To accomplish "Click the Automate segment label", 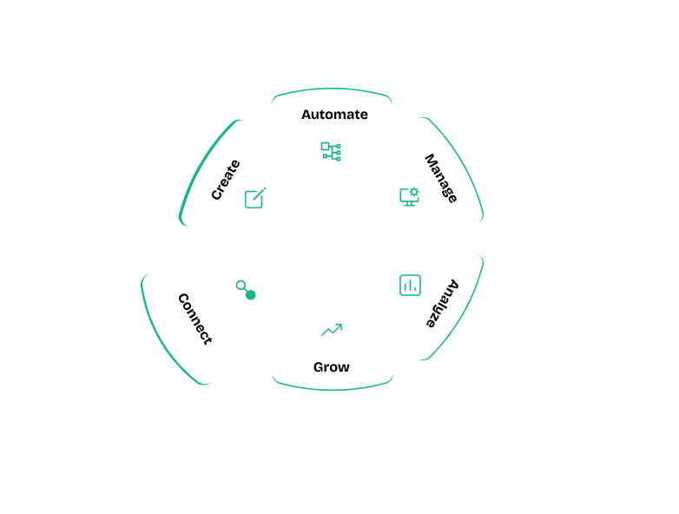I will coord(334,115).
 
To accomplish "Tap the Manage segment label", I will coord(440,178).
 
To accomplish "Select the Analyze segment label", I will coord(441,301).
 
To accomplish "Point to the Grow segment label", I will coord(332,367).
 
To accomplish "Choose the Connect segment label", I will coord(194,318).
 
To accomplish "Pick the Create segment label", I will coord(226,180).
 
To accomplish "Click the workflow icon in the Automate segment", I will coord(331,151).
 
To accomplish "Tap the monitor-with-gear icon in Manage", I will coord(409,196).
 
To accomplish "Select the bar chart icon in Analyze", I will coord(410,285).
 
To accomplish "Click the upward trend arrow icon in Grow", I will coord(331,330).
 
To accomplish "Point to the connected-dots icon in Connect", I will coord(246,290).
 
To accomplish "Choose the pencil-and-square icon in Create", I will coord(254,197).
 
